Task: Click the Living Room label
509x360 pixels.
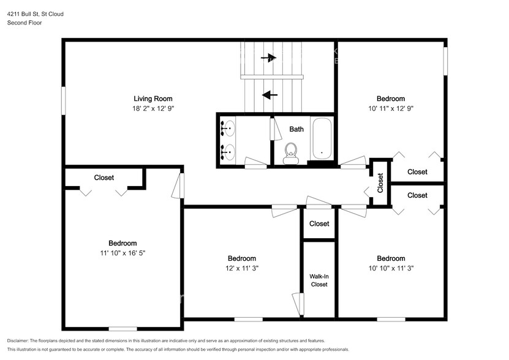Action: [153, 99]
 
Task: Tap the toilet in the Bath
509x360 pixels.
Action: [292, 152]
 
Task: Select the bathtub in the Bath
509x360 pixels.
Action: [321, 138]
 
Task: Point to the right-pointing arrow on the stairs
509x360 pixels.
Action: [268, 58]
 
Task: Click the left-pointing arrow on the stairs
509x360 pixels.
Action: [270, 95]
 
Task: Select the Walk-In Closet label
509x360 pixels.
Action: [319, 280]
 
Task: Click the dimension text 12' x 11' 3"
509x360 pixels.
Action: [241, 268]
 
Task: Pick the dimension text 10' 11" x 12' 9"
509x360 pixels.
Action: [390, 108]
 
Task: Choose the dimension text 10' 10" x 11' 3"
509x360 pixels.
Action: [391, 268]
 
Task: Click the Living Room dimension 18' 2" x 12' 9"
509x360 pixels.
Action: [153, 108]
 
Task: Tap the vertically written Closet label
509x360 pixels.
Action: [380, 183]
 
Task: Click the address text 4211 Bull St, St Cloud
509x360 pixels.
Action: [35, 13]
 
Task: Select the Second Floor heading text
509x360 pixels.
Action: [24, 23]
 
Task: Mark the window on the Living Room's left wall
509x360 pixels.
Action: [63, 100]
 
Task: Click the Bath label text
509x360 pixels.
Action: [296, 129]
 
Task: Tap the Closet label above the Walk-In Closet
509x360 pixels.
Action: [319, 224]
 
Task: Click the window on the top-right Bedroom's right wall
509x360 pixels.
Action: [445, 62]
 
